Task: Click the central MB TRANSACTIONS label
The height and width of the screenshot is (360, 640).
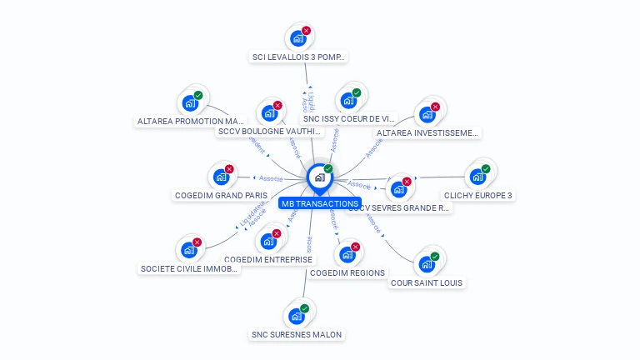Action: [x=320, y=203]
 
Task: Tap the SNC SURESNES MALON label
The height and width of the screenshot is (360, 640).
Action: [x=297, y=334]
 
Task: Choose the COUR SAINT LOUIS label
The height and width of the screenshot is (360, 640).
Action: [x=427, y=282]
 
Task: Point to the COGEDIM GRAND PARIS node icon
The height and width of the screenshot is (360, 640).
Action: [x=221, y=177]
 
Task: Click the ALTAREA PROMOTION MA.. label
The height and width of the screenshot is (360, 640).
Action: [x=190, y=121]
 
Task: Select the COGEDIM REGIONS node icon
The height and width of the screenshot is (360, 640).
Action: [x=347, y=254]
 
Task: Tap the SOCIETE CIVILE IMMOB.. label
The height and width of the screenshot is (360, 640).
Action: [x=189, y=268]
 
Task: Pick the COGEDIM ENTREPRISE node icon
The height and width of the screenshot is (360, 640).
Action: [x=268, y=241]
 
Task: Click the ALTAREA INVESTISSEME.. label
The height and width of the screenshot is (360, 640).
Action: [x=427, y=132]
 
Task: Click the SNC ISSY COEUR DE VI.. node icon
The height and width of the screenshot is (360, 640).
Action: [x=348, y=101]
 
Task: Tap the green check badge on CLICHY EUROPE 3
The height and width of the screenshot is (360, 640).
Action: [x=486, y=169]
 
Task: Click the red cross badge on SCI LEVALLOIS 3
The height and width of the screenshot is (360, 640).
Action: [x=306, y=31]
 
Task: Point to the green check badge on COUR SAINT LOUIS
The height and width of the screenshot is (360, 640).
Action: [x=435, y=257]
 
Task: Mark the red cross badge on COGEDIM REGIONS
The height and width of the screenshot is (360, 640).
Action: [x=356, y=247]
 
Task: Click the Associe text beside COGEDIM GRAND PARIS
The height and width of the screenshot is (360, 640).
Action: [x=272, y=178]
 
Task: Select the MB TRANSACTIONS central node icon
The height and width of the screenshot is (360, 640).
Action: [x=319, y=177]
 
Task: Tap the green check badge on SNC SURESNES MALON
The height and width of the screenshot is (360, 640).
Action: [x=304, y=308]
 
